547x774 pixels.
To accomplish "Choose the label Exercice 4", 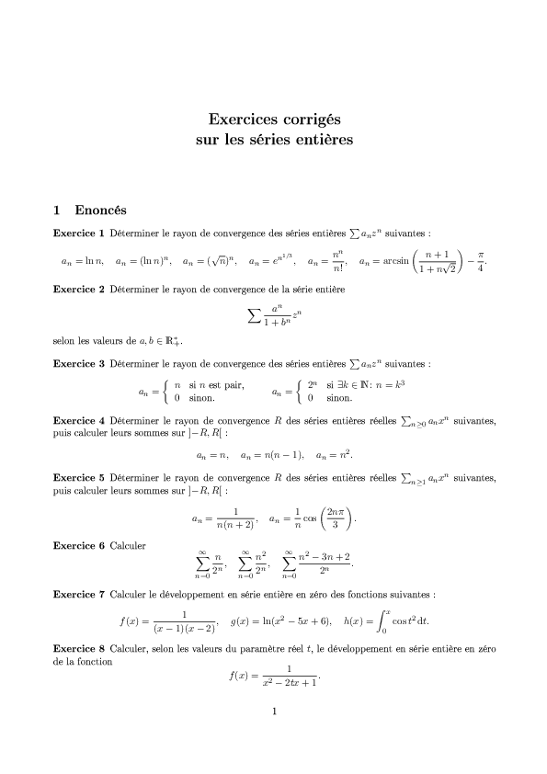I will click(x=79, y=422).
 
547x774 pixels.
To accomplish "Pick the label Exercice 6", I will click(x=79, y=546).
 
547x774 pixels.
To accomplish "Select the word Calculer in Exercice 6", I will click(x=127, y=546).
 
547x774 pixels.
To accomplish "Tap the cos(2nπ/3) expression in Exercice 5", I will click(x=331, y=519).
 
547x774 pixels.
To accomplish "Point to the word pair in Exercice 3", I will click(x=234, y=384).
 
